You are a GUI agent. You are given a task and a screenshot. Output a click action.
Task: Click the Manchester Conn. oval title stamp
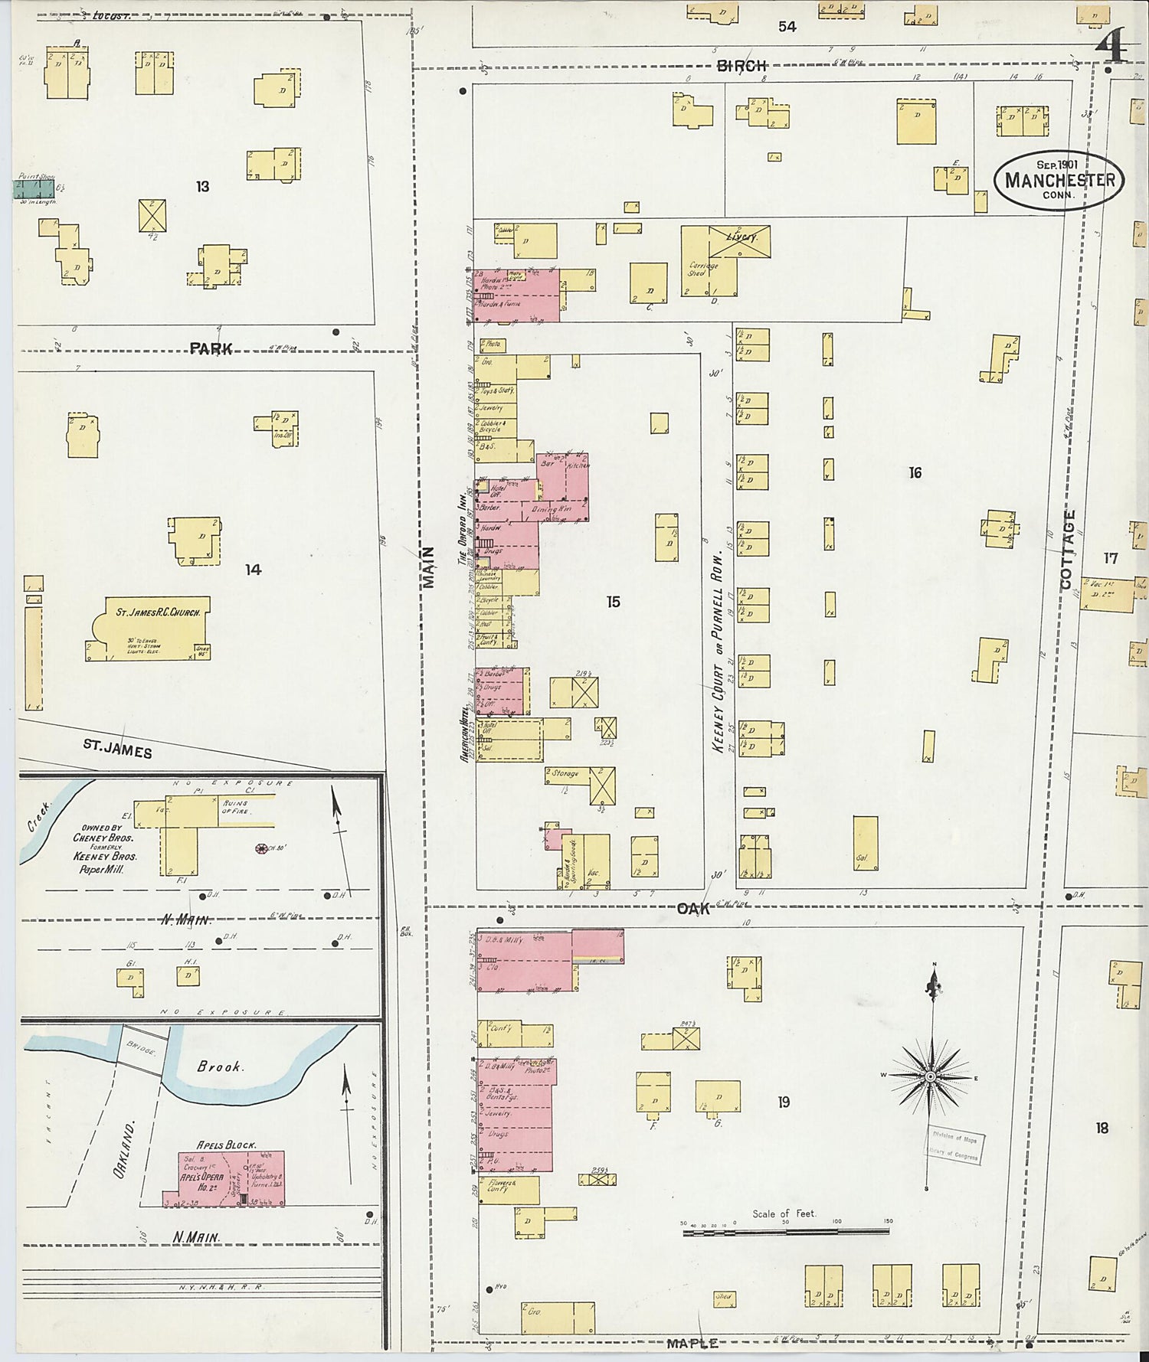click(x=1059, y=181)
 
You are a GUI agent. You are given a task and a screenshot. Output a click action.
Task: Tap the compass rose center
click(x=931, y=1076)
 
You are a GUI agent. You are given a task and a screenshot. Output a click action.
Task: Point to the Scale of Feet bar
click(x=786, y=1232)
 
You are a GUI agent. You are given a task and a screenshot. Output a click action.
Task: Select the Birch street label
click(x=741, y=67)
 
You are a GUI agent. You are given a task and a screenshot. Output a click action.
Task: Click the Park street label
click(x=211, y=349)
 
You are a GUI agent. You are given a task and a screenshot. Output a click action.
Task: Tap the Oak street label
click(x=693, y=909)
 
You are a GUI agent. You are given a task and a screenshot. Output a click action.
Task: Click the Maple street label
click(x=692, y=1343)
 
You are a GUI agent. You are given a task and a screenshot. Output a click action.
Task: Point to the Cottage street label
click(x=1068, y=549)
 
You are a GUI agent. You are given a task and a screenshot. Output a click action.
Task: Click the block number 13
click(x=202, y=187)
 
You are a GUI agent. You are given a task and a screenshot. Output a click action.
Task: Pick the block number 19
click(x=783, y=1102)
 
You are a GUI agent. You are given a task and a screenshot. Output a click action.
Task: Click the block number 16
click(x=915, y=473)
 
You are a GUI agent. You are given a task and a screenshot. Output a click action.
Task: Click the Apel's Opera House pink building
click(x=224, y=1179)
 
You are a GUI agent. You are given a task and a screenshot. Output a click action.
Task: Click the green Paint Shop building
click(x=36, y=188)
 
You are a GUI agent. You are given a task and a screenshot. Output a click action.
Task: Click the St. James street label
click(x=117, y=748)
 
